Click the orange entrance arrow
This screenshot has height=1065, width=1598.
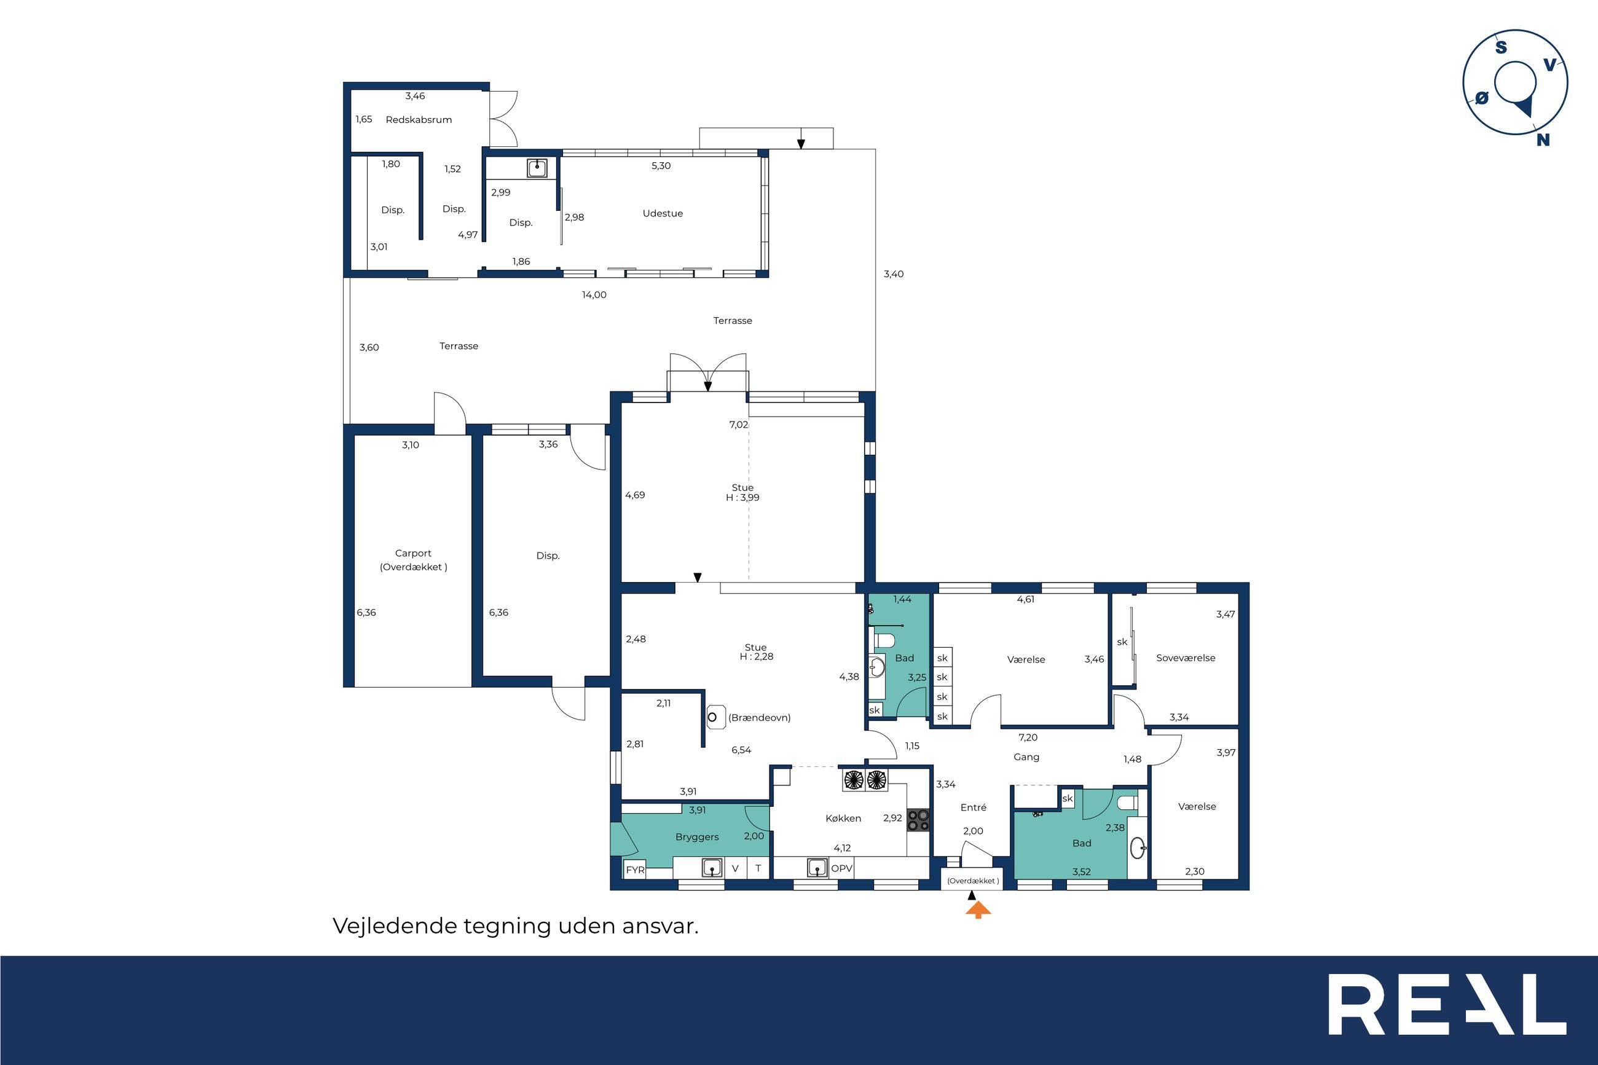pyautogui.click(x=978, y=910)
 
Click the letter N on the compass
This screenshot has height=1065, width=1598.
pyautogui.click(x=1543, y=140)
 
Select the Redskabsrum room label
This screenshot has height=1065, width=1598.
pyautogui.click(x=419, y=120)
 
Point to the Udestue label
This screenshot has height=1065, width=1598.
pyautogui.click(x=663, y=213)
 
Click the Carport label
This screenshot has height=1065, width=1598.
pyautogui.click(x=413, y=553)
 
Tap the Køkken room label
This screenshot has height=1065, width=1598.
pyautogui.click(x=843, y=819)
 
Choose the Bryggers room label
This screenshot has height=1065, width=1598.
pyautogui.click(x=697, y=837)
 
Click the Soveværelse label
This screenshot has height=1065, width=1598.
pyautogui.click(x=1186, y=658)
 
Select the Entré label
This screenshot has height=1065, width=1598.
pyautogui.click(x=973, y=807)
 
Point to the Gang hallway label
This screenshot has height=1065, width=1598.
pyautogui.click(x=1026, y=757)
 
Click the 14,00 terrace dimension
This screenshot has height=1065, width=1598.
pyautogui.click(x=594, y=295)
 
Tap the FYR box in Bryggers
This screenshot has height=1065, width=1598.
pyautogui.click(x=635, y=870)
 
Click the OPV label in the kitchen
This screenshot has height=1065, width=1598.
pyautogui.click(x=841, y=868)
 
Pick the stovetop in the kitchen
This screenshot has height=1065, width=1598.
pyautogui.click(x=918, y=819)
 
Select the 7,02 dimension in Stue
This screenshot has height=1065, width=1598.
pyautogui.click(x=739, y=425)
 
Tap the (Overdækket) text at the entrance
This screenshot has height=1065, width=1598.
pyautogui.click(x=973, y=881)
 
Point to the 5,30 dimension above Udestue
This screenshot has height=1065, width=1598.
pyautogui.click(x=661, y=166)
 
